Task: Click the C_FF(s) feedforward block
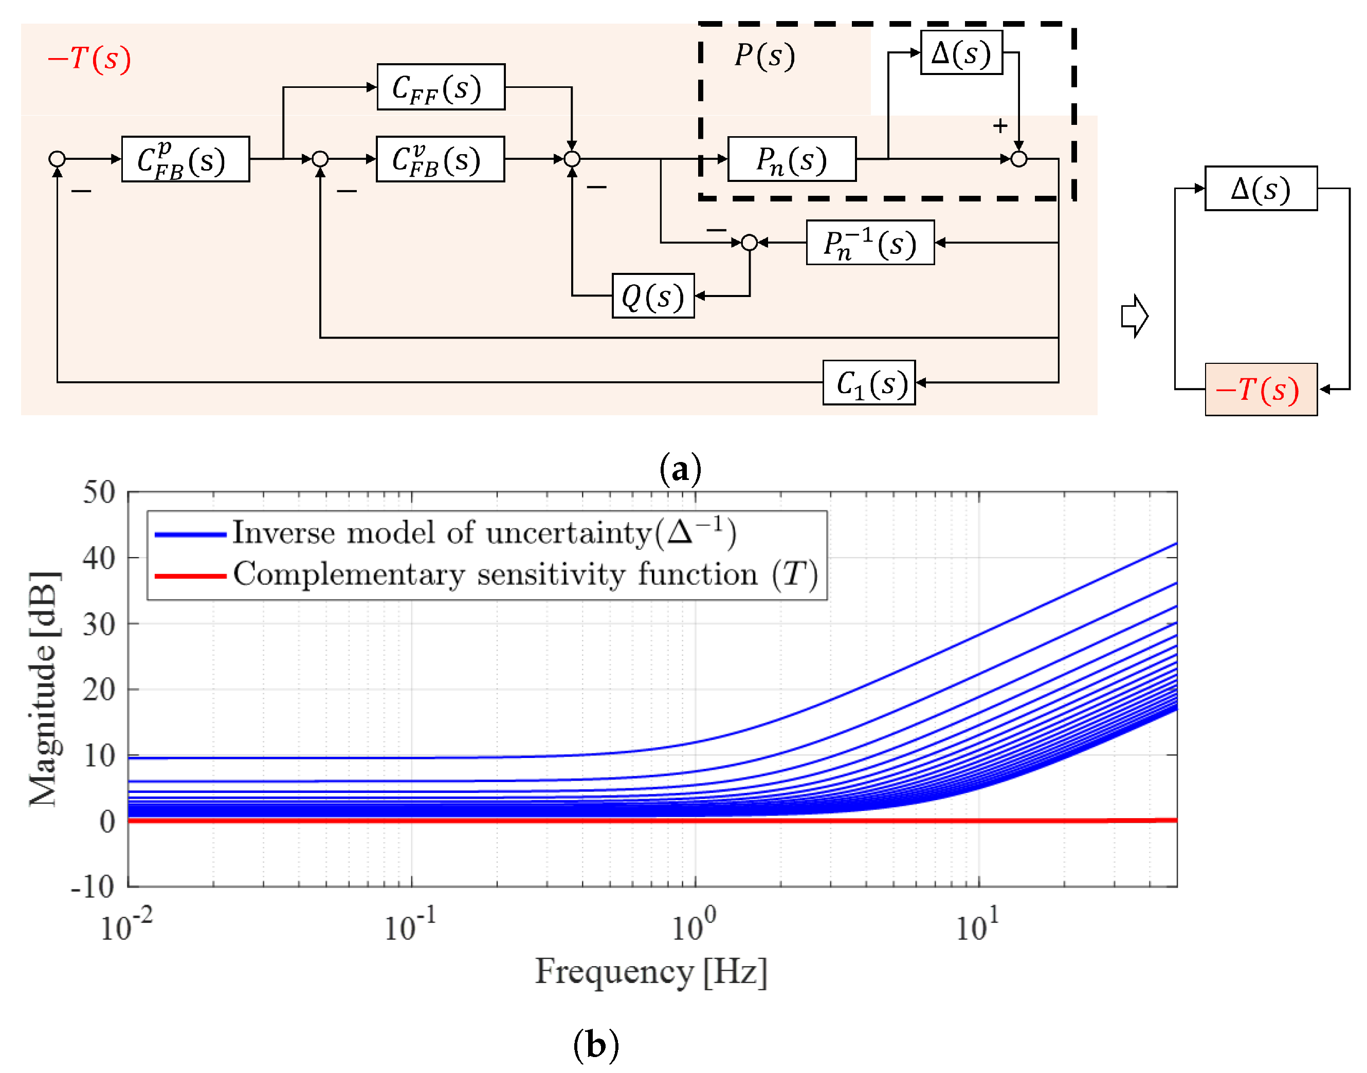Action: coord(441,87)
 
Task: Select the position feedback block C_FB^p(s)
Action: coord(186,159)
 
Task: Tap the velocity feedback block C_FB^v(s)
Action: coord(440,159)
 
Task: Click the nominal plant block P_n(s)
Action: coord(791,159)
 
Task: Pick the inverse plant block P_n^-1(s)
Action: coord(870,243)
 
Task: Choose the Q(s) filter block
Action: coord(653,296)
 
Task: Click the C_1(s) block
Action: coord(869,382)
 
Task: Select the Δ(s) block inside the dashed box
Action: coord(960,53)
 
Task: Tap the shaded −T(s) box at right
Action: coord(1260,390)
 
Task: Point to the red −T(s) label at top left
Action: coord(89,59)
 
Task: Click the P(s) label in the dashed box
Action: coord(764,55)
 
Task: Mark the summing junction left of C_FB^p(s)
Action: coord(57,159)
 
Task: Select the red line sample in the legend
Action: coord(190,576)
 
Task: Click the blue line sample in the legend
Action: coord(190,534)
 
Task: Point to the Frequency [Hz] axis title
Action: coord(651,972)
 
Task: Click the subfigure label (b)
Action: coord(596,1045)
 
